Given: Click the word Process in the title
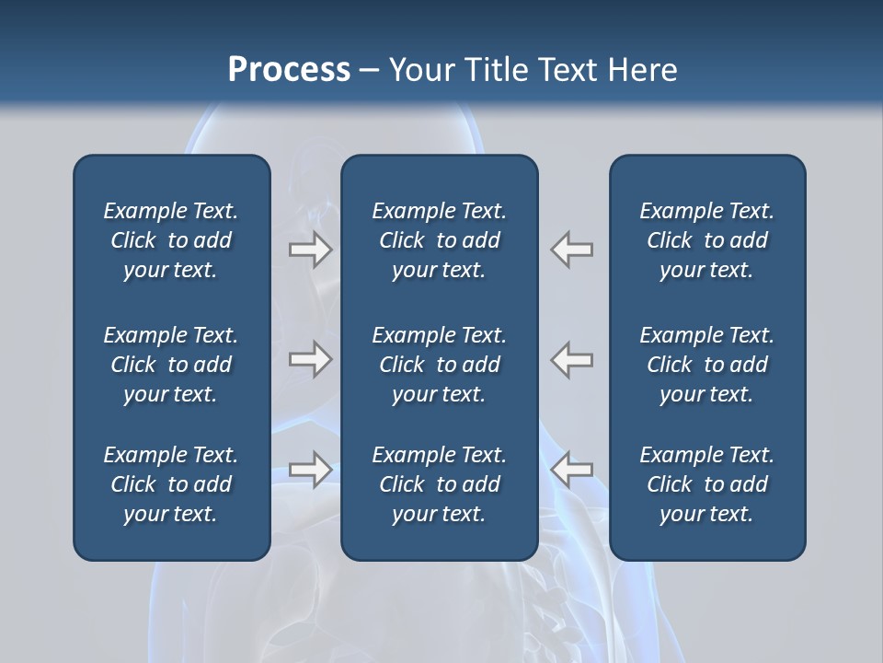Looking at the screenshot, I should (289, 70).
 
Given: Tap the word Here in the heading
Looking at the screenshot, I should (643, 70).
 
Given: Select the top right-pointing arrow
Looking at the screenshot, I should (311, 250).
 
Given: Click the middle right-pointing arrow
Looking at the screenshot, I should (311, 359).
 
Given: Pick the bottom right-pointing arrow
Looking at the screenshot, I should (311, 469).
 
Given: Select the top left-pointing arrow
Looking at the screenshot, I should (571, 250).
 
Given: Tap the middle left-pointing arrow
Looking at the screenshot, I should (571, 359).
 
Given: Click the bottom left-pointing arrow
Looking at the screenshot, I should (571, 469).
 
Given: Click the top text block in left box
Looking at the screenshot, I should (171, 240).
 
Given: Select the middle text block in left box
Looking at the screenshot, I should (171, 365).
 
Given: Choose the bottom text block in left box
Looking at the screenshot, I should (171, 484).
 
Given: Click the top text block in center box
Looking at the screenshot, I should (440, 240).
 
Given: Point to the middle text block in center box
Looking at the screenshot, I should (440, 365).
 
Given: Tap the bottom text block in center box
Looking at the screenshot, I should (440, 484).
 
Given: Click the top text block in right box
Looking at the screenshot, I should (707, 240).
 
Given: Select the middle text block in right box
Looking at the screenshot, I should (707, 365).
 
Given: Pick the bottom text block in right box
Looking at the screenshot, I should (707, 484).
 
